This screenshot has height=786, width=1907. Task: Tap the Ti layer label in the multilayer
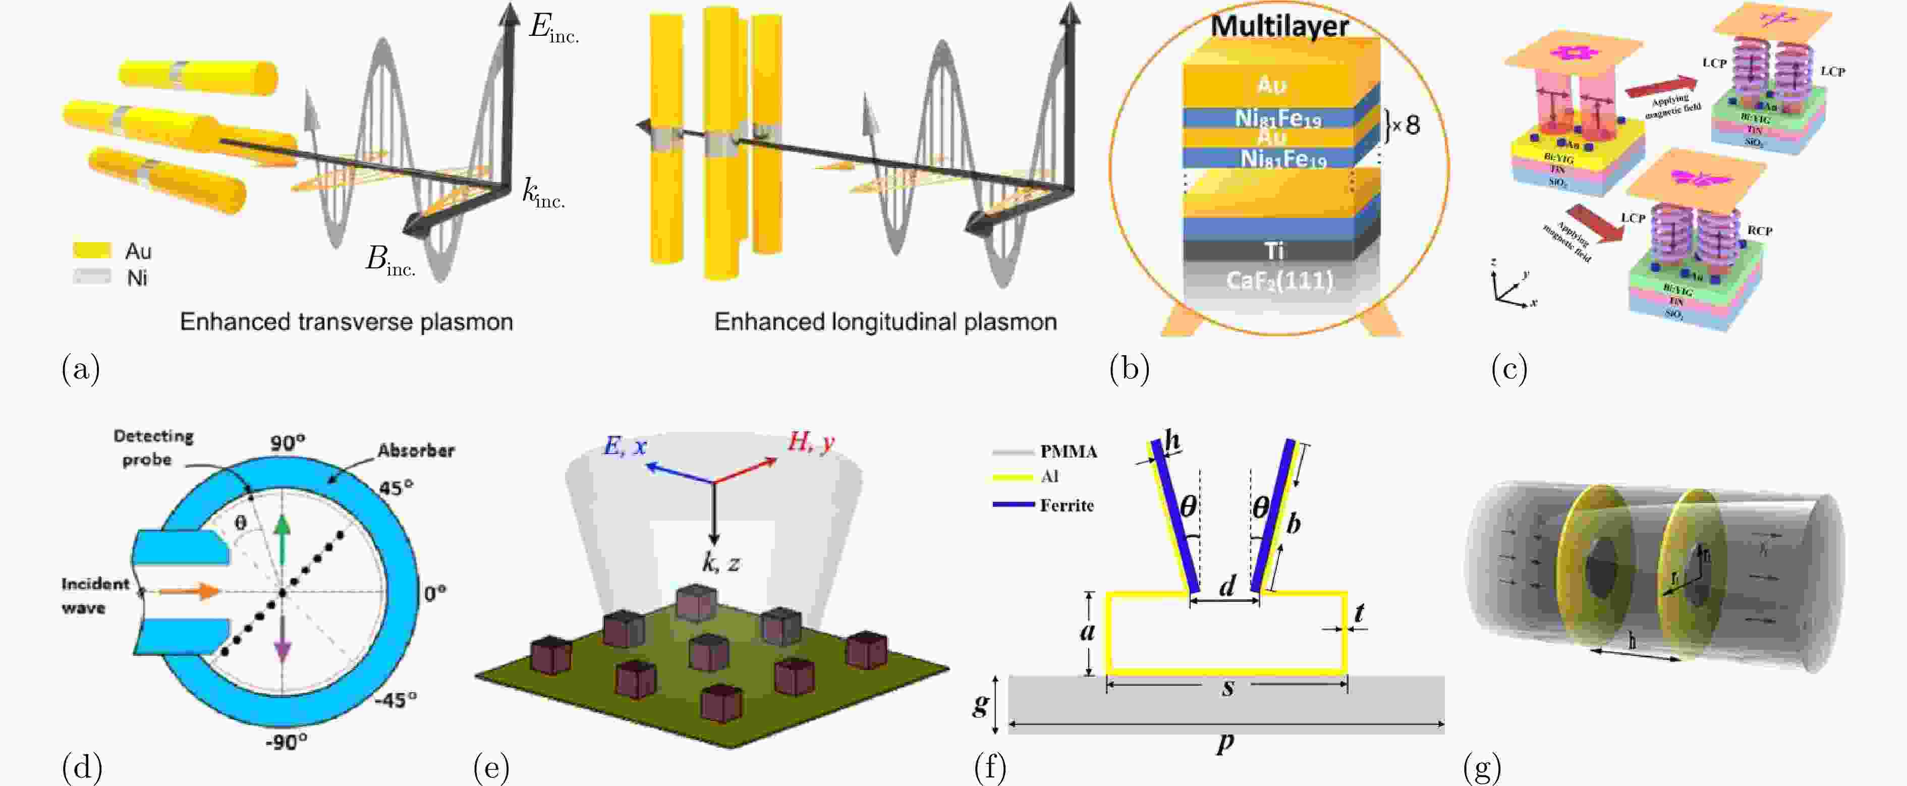click(1274, 251)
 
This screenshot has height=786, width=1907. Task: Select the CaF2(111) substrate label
click(1279, 280)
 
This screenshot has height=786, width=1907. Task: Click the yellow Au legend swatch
click(92, 251)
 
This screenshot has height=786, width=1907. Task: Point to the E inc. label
click(552, 28)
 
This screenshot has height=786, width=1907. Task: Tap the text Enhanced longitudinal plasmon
click(885, 322)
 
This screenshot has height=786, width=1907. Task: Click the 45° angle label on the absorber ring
click(396, 488)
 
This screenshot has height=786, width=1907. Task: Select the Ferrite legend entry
click(1066, 506)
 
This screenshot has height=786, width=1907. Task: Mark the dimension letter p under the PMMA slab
click(1225, 742)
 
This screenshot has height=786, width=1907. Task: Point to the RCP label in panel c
click(1760, 231)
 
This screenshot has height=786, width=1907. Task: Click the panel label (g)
click(1482, 768)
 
